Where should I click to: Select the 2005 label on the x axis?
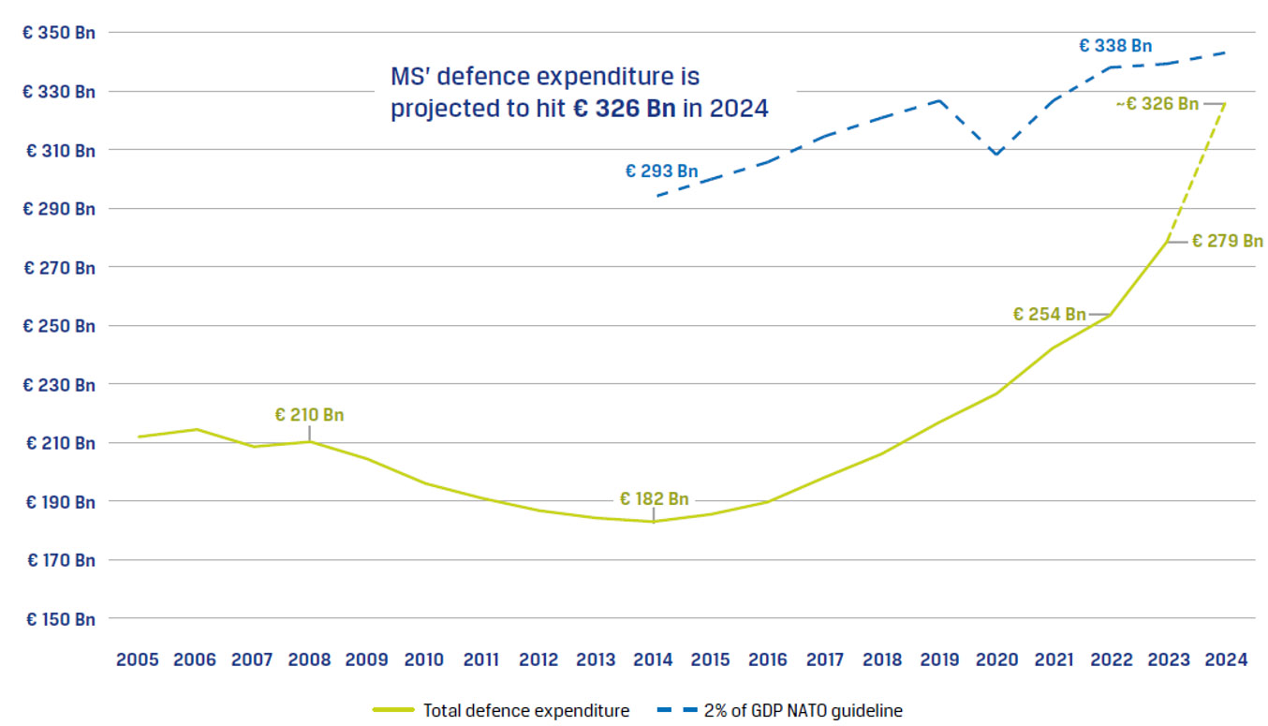click(x=138, y=659)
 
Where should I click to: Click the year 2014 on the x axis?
click(x=653, y=659)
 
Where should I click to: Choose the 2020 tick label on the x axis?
click(x=996, y=659)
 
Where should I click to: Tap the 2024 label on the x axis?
click(x=1226, y=659)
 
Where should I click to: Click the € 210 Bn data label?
click(x=309, y=414)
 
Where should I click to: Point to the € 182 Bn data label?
click(x=654, y=498)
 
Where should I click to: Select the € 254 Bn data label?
click(x=1049, y=314)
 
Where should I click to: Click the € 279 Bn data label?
click(x=1227, y=241)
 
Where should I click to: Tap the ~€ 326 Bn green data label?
click(x=1157, y=103)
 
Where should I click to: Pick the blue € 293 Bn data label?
click(x=661, y=171)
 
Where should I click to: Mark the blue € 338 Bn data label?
click(x=1114, y=45)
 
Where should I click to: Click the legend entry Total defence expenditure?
click(x=525, y=711)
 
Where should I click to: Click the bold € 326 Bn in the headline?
click(x=624, y=109)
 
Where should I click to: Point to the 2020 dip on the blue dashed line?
click(x=996, y=155)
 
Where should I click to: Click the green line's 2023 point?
click(x=1168, y=241)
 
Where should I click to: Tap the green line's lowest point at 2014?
click(x=653, y=522)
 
